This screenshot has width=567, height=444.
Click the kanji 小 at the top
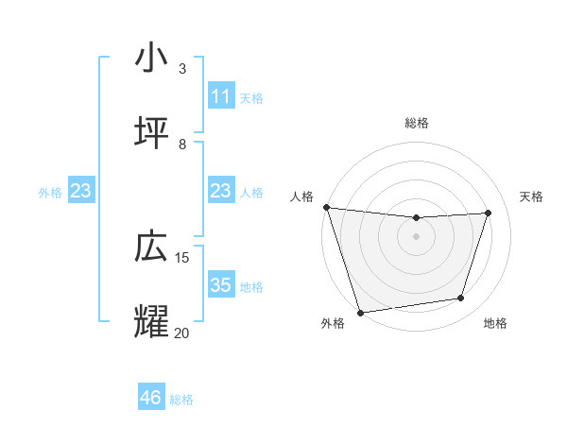tap(151, 57)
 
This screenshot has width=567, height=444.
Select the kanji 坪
tap(151, 133)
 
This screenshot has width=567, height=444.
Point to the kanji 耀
tap(151, 320)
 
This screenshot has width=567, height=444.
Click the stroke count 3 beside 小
tap(182, 68)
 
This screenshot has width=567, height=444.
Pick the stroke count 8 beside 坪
tap(182, 144)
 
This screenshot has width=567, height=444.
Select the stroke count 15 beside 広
tap(182, 257)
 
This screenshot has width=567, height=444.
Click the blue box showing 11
tap(221, 96)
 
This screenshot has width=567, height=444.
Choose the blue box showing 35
tap(221, 285)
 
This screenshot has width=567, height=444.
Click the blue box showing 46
tap(151, 398)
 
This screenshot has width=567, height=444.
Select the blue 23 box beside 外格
tap(81, 191)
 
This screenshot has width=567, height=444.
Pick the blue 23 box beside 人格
tap(221, 191)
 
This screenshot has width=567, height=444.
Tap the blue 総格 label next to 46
tap(181, 400)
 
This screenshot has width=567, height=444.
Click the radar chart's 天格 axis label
tap(532, 196)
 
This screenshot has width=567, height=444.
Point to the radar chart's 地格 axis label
tap(495, 324)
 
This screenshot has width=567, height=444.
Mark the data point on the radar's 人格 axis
tap(326, 207)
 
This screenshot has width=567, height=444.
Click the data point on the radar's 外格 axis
tap(360, 312)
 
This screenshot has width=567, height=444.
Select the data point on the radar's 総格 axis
tap(416, 218)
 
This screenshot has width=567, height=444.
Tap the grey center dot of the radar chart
tap(416, 236)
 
